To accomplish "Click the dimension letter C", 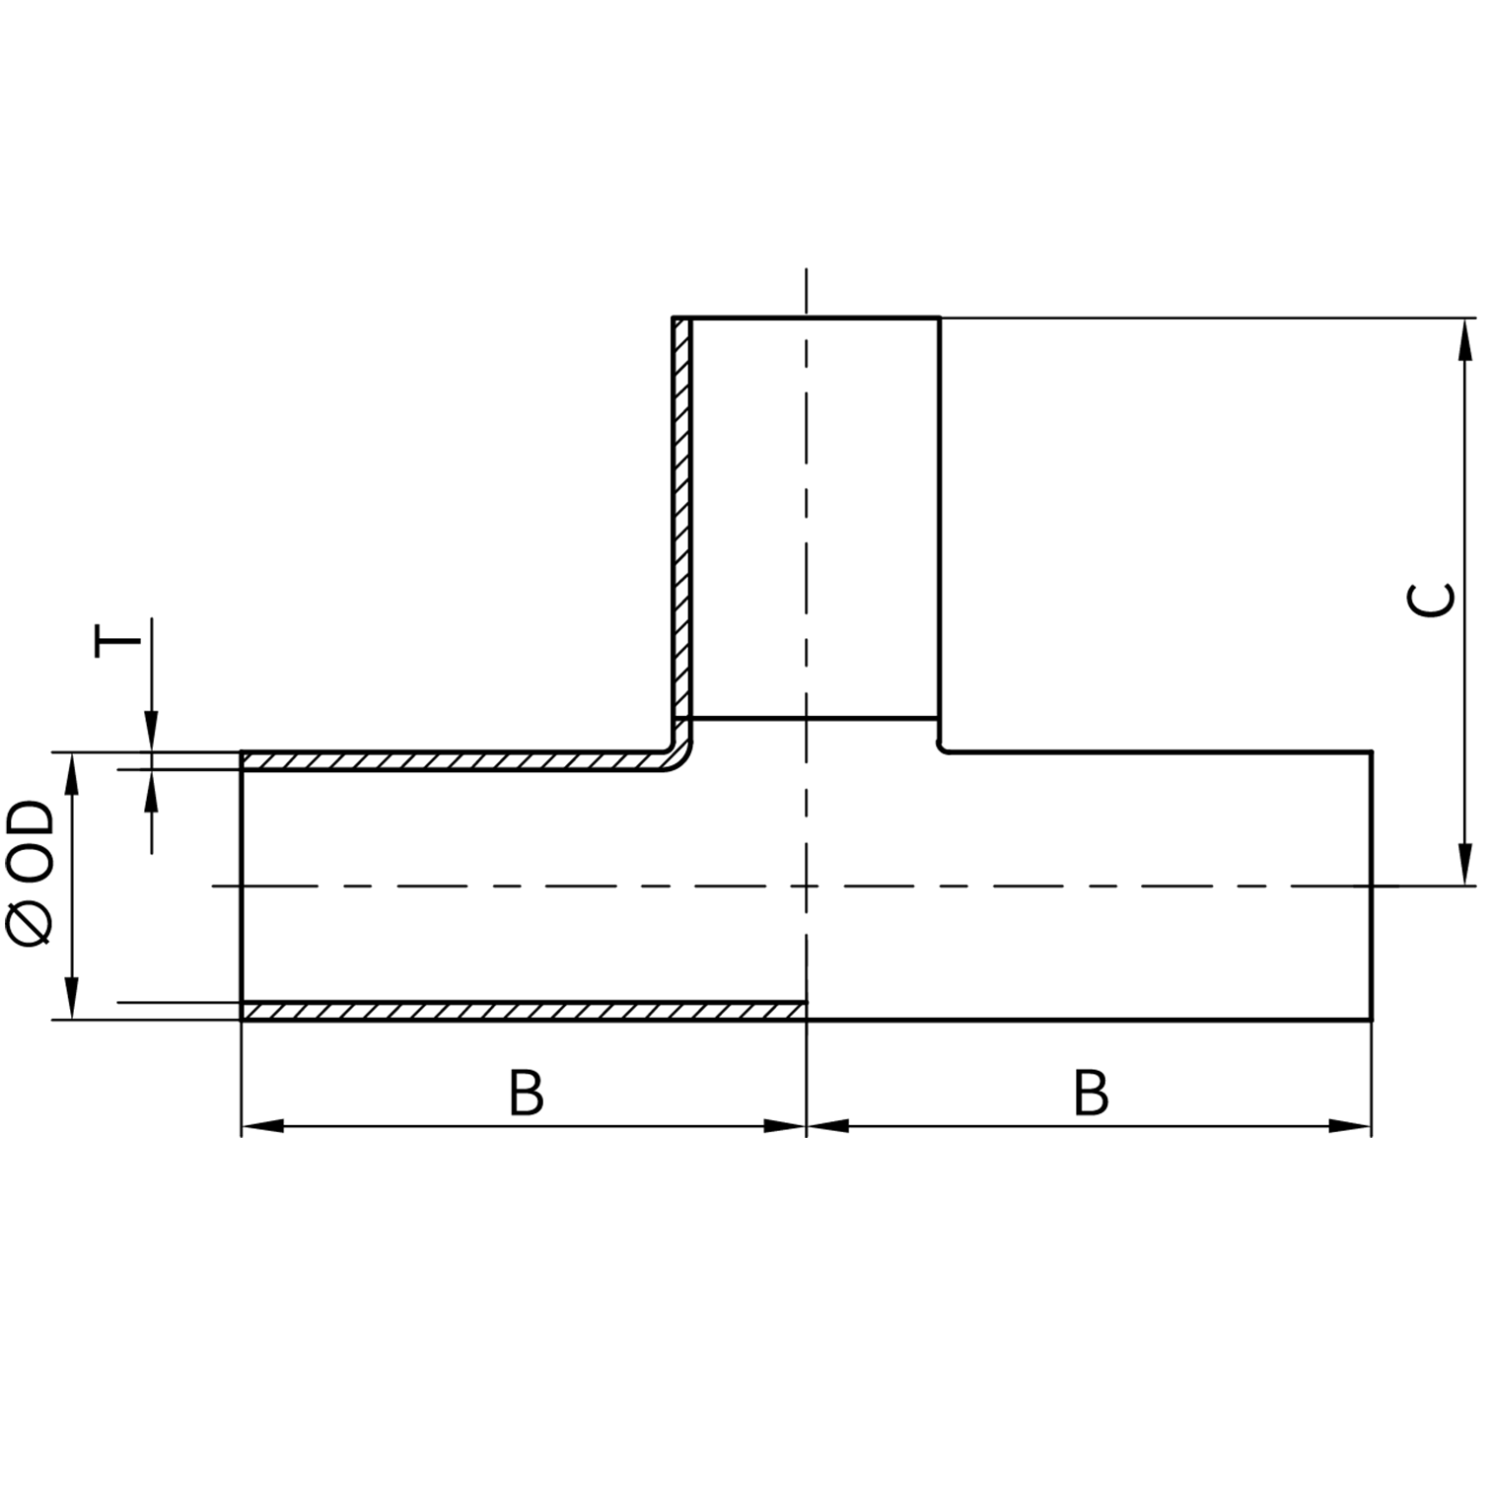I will (x=1430, y=600).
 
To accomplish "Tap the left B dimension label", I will (x=527, y=1093).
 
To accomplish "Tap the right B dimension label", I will (x=1091, y=1093).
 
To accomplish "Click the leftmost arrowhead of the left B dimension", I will (x=262, y=1126).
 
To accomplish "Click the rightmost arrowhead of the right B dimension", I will (x=1351, y=1126).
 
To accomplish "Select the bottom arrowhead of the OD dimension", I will (x=71, y=998).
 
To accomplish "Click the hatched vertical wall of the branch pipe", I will (x=681, y=513).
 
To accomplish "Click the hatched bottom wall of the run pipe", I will (x=523, y=1011).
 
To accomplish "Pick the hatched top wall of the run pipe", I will (x=454, y=760).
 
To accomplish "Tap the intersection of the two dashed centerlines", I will (x=807, y=886).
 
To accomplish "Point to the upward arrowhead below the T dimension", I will (x=151, y=789).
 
